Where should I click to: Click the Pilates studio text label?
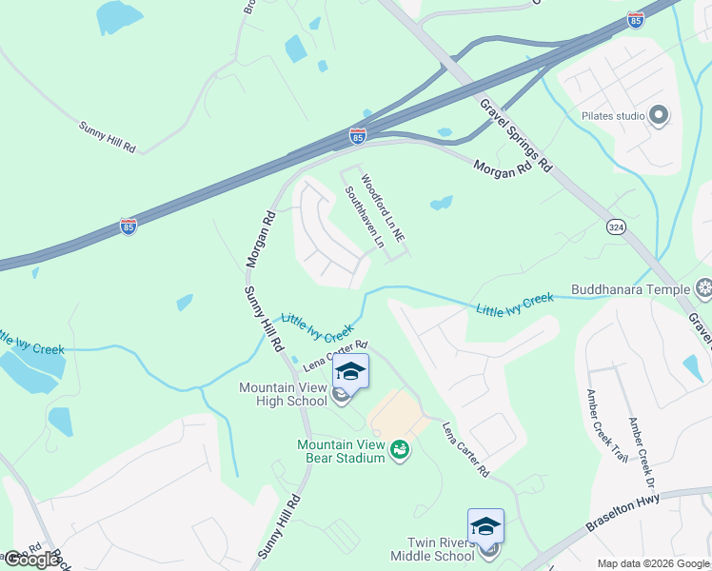612,116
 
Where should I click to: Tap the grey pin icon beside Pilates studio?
659,116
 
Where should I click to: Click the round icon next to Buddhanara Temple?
704,287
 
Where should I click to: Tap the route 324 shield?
616,226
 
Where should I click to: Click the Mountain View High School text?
284,394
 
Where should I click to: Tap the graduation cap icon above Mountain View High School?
350,372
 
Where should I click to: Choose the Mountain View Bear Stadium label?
340,451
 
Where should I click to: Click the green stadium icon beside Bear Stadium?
401,449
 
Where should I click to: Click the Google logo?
30,560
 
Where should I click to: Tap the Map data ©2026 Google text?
653,563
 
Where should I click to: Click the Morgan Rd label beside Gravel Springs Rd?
503,169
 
